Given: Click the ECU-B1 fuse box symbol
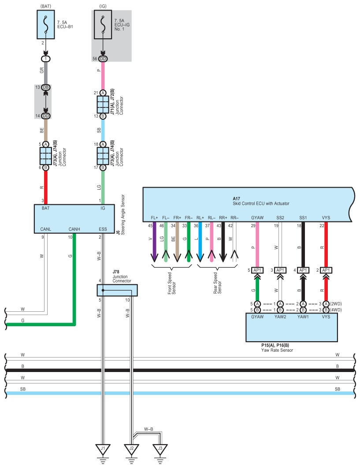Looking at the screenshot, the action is click(x=46, y=25).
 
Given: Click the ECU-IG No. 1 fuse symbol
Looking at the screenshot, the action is click(x=103, y=25).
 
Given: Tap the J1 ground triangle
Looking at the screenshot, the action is click(x=103, y=449).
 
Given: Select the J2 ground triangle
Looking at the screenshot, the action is click(x=131, y=449).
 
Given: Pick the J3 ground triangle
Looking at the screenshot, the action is click(x=160, y=449).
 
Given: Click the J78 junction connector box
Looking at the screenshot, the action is click(x=117, y=290).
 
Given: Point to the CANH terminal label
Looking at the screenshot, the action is click(x=74, y=229).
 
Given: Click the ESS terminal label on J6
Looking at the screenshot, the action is click(x=103, y=229).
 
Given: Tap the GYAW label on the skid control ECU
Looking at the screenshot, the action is click(x=257, y=217).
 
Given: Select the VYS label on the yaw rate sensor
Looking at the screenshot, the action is click(x=326, y=317).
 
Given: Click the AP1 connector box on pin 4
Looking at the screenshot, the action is click(x=303, y=270).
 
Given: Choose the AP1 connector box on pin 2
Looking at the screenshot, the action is click(x=326, y=270).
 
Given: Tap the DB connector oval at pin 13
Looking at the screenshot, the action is click(x=46, y=88).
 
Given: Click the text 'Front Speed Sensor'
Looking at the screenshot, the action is click(x=172, y=283).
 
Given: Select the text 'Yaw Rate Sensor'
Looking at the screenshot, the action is click(x=277, y=350).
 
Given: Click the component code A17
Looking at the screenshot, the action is click(x=236, y=199).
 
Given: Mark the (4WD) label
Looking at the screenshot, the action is click(x=336, y=310).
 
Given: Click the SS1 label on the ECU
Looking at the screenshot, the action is click(x=303, y=217).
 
